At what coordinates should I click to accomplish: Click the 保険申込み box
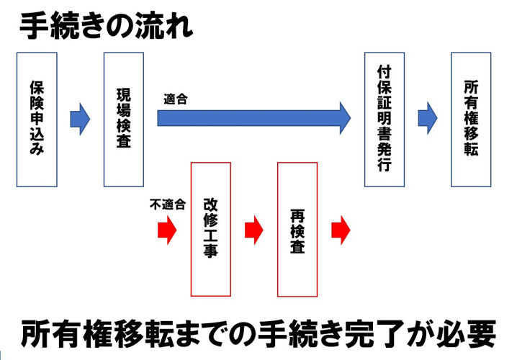(37, 119)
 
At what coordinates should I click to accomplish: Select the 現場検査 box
(124, 119)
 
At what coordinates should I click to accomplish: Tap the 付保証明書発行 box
(384, 119)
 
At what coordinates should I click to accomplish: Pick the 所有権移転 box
(470, 119)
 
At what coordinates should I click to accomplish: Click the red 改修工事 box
(210, 229)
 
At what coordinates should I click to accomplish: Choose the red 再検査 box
(297, 229)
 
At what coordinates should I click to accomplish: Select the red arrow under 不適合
(166, 230)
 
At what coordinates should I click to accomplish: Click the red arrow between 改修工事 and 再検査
(253, 230)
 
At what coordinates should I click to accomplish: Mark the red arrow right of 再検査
(340, 230)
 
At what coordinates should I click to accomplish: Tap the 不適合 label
(167, 204)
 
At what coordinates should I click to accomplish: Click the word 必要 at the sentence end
(472, 333)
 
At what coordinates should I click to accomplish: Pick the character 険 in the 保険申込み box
(37, 103)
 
